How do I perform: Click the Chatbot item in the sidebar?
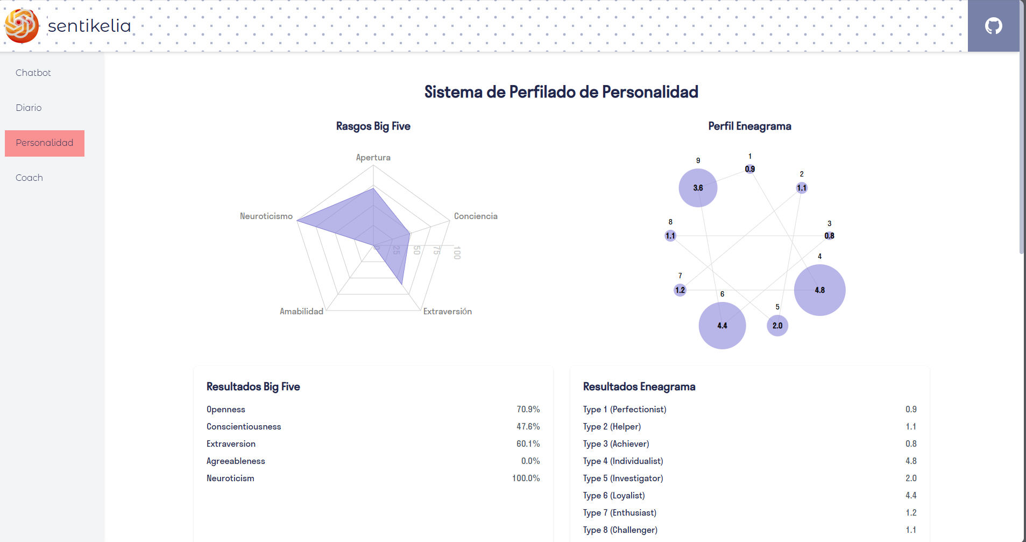point(33,73)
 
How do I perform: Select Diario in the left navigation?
point(29,108)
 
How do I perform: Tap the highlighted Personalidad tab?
point(45,143)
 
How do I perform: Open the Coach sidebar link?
point(29,178)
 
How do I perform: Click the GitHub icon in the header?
point(993,26)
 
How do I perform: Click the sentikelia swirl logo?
point(22,25)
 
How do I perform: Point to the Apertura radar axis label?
point(373,158)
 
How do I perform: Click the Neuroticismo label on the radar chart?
point(266,216)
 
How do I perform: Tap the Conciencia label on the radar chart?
point(476,216)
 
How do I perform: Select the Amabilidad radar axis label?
point(301,312)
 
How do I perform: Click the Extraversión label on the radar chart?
point(447,312)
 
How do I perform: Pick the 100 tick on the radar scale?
point(457,252)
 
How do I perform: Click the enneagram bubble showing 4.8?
point(819,290)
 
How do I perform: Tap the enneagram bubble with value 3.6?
point(698,188)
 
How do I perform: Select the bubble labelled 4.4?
point(722,326)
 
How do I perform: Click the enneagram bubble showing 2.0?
point(777,326)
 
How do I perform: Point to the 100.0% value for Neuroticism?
point(526,478)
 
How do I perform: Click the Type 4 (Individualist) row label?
point(623,461)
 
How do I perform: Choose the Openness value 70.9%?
point(528,410)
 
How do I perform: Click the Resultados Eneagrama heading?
point(639,386)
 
